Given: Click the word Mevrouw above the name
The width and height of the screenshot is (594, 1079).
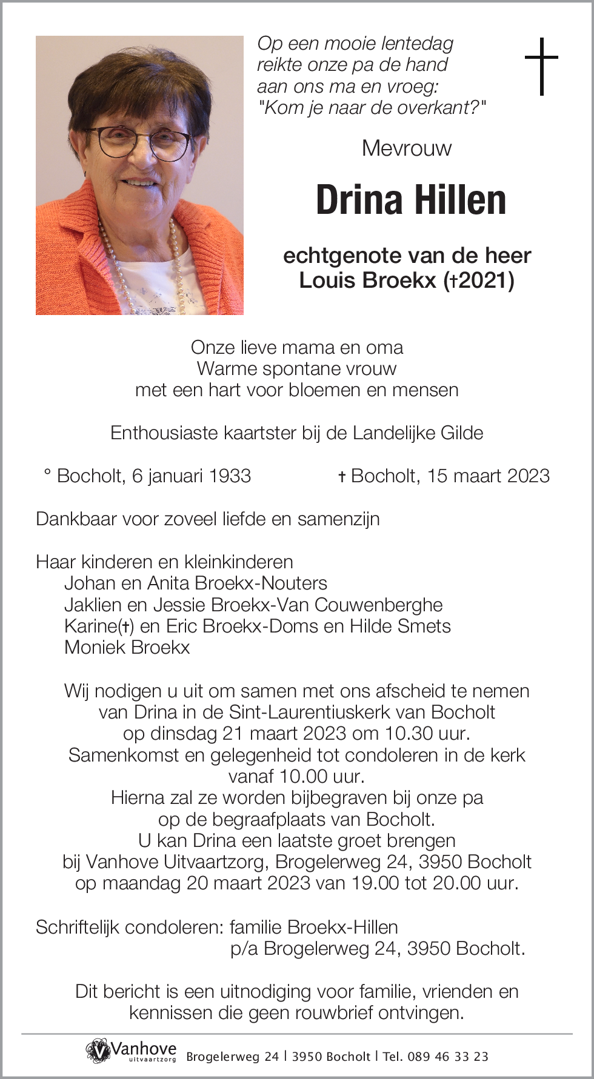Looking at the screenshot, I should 407,148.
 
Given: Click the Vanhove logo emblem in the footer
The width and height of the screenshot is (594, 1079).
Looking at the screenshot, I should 97,1051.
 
